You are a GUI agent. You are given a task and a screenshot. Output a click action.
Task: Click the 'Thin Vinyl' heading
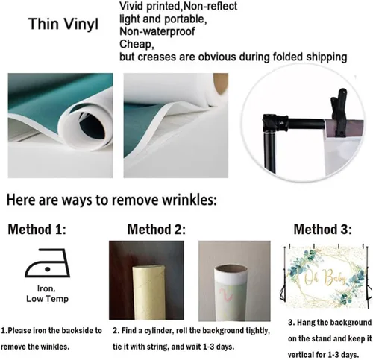(x=63, y=25)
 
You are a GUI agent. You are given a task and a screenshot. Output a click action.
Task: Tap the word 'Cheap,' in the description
(x=137, y=44)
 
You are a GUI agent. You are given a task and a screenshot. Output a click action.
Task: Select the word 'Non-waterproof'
(x=157, y=31)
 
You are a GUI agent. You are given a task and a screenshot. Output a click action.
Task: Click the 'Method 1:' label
(x=37, y=230)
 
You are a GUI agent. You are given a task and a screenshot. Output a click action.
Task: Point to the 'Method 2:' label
(x=157, y=230)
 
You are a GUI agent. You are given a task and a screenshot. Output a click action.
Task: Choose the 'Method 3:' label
(x=323, y=230)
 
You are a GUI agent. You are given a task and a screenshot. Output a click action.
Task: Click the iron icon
(x=47, y=263)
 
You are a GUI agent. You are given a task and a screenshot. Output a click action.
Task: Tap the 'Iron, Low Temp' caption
(x=47, y=294)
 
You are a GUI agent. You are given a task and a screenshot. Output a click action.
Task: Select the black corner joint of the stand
(x=273, y=123)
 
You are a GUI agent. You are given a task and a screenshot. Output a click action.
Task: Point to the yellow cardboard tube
(x=148, y=293)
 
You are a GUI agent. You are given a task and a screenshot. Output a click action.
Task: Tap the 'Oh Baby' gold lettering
(x=325, y=277)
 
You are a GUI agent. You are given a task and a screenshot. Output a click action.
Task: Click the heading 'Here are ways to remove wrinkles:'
(x=112, y=200)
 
